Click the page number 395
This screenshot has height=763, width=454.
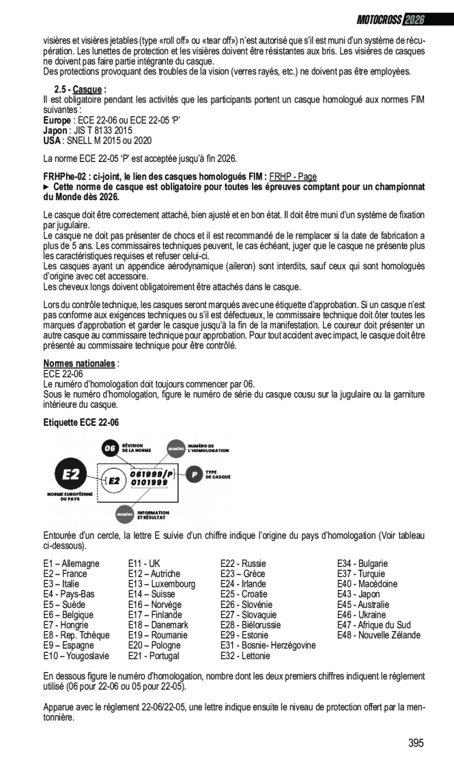[x=416, y=743]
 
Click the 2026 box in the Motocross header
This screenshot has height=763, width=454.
[x=414, y=20]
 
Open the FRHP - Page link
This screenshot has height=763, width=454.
[x=293, y=177]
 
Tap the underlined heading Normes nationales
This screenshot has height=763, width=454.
[x=80, y=363]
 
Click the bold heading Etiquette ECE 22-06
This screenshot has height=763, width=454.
[x=81, y=422]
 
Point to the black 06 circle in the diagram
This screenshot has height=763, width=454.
[x=110, y=449]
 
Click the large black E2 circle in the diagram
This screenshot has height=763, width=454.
[x=70, y=474]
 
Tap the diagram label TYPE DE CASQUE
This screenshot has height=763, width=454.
[x=218, y=474]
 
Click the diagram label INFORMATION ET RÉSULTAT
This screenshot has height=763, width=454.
[x=153, y=515]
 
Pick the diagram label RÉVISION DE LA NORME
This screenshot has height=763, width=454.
[x=136, y=449]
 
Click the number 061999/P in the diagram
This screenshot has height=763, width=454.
[x=150, y=474]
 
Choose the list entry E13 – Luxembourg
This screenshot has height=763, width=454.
[x=162, y=584]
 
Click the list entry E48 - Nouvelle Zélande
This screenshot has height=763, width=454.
[x=379, y=635]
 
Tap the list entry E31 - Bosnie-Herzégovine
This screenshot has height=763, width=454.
[x=268, y=645]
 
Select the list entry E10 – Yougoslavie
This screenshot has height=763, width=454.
[x=76, y=656]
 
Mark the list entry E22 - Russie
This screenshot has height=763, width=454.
[x=243, y=563]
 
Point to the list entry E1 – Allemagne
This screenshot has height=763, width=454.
[x=72, y=563]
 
